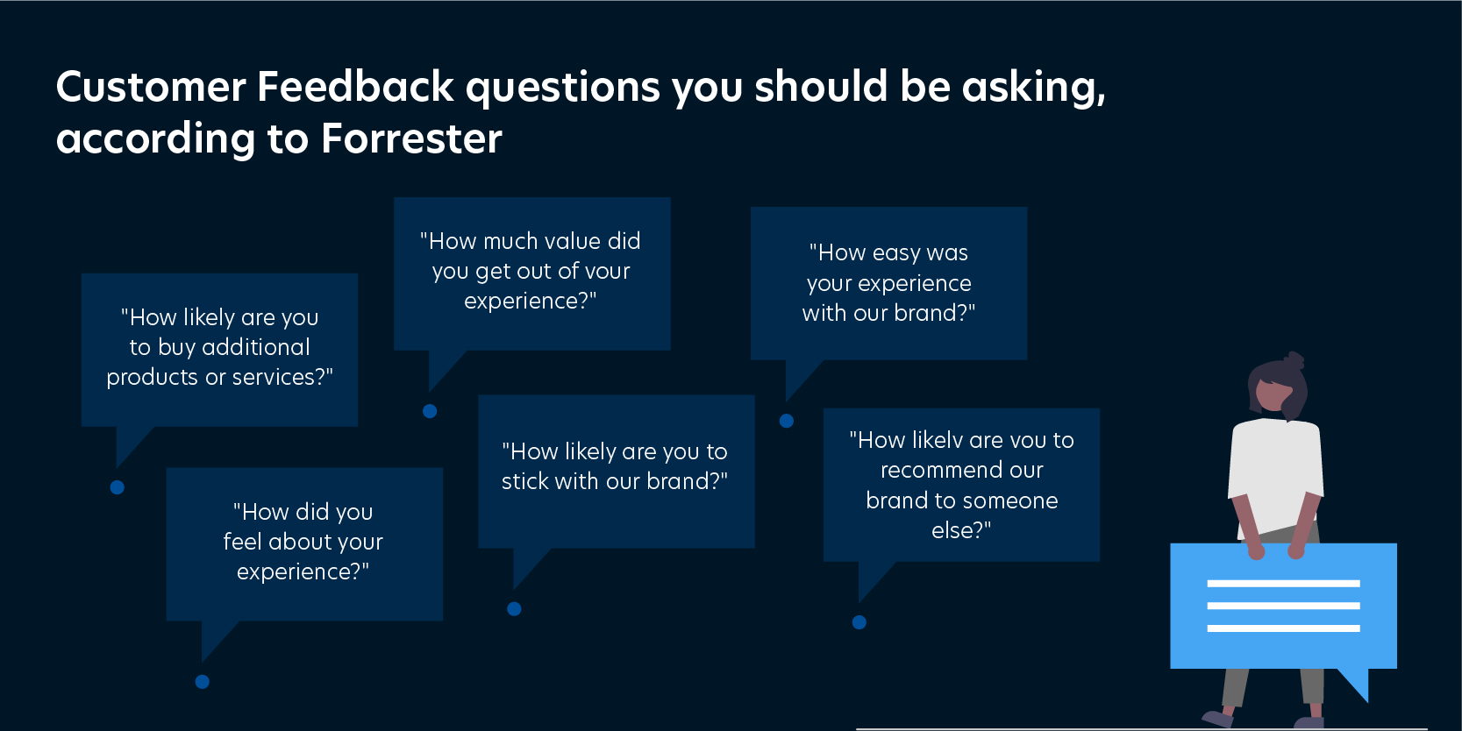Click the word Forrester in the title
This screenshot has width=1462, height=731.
(411, 138)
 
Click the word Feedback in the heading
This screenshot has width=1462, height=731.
(355, 87)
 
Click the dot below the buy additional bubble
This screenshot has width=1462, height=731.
(118, 487)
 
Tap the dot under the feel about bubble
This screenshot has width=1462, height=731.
(203, 682)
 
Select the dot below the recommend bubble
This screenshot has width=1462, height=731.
(859, 622)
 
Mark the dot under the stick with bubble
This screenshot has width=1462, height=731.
(515, 609)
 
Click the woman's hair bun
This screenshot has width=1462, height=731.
(1294, 359)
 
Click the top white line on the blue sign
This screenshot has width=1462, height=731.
(1283, 584)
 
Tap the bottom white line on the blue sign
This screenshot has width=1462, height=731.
(1283, 628)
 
